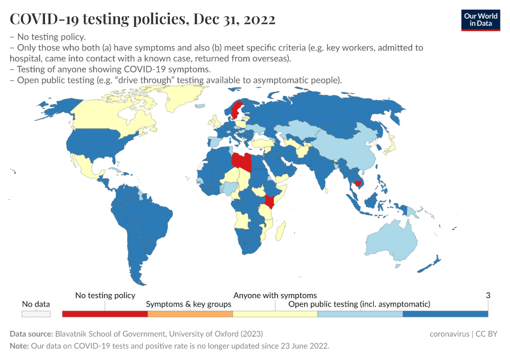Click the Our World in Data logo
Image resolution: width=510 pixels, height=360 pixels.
(480, 20)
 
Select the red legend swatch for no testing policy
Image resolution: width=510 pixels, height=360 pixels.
(104, 314)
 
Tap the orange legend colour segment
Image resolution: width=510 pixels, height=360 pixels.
(190, 314)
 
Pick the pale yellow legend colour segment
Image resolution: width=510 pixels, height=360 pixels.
(275, 314)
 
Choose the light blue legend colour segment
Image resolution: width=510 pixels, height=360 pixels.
(360, 314)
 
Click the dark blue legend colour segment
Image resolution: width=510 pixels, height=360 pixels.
(445, 314)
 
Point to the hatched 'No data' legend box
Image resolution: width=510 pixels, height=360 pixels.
(36, 314)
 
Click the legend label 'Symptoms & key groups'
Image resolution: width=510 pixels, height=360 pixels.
(188, 304)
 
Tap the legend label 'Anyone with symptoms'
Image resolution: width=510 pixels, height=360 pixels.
(275, 295)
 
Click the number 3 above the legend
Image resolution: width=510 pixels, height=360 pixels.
(488, 295)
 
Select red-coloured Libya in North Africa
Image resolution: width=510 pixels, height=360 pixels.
(242, 162)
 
